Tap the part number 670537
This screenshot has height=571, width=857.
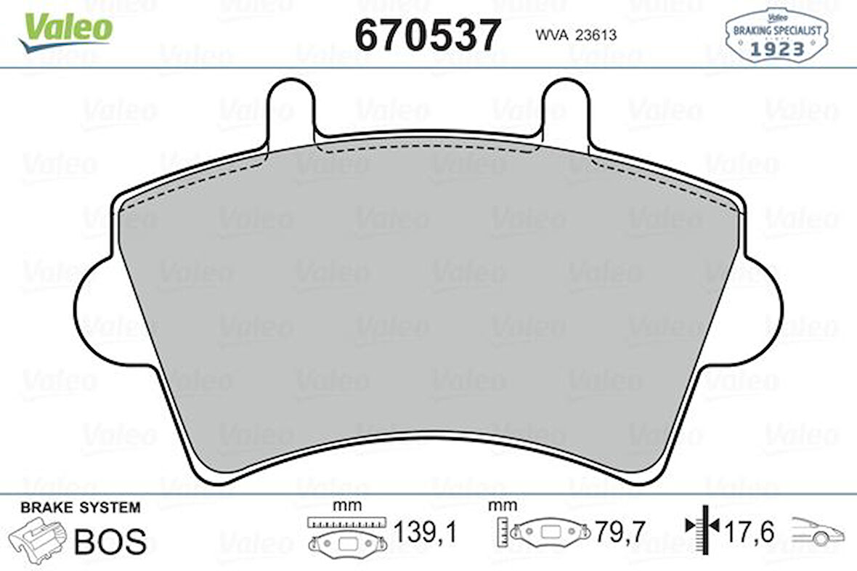pyautogui.click(x=427, y=34)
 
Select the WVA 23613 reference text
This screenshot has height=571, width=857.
pyautogui.click(x=575, y=35)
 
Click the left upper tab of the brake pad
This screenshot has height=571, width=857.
pyautogui.click(x=291, y=110)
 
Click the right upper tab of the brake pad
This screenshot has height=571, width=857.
pyautogui.click(x=566, y=110)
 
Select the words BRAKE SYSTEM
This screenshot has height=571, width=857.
pyautogui.click(x=81, y=508)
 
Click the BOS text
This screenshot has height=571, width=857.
pyautogui.click(x=110, y=541)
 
